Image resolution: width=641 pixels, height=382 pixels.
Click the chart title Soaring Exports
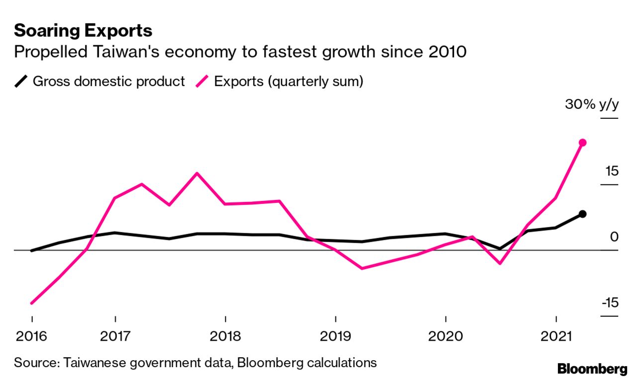[83, 31]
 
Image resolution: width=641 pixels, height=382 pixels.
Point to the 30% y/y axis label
[591, 105]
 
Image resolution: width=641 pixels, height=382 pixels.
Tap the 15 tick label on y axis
[611, 172]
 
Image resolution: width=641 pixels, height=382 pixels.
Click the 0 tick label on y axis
[614, 237]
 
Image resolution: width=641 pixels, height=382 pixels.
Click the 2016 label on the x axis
[31, 336]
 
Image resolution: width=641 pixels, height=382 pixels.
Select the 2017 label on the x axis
[115, 336]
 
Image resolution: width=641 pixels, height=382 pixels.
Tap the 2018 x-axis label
[225, 336]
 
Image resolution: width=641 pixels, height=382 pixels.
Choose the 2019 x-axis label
[336, 336]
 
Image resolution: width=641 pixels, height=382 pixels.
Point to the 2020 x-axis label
[446, 336]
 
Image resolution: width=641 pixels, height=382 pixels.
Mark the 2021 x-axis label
[556, 336]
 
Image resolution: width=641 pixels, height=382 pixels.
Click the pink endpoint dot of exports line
[583, 143]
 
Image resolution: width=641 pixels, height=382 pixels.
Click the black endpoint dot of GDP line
[583, 214]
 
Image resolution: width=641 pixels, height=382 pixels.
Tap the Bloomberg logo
[592, 369]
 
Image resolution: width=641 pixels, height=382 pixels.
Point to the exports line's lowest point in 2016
[32, 303]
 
